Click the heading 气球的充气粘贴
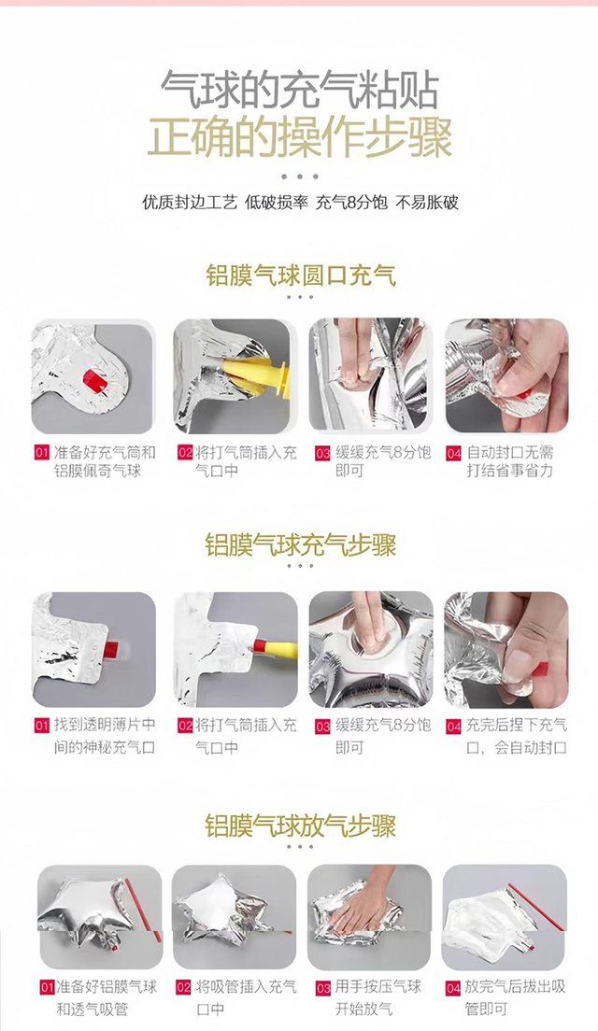click(x=299, y=89)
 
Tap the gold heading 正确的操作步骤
click(x=299, y=136)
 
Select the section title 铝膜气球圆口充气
click(x=301, y=275)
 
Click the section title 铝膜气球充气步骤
click(x=301, y=545)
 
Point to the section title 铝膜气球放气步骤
click(x=301, y=826)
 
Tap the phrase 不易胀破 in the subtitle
click(x=426, y=201)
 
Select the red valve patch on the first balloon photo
click(x=93, y=379)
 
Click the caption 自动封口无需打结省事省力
click(x=510, y=461)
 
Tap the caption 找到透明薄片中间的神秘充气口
click(x=105, y=736)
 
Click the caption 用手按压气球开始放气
click(x=377, y=996)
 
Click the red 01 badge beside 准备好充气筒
click(x=42, y=452)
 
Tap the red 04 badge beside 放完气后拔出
click(x=453, y=988)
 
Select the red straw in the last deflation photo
click(x=536, y=908)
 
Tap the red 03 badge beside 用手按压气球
click(x=323, y=988)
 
